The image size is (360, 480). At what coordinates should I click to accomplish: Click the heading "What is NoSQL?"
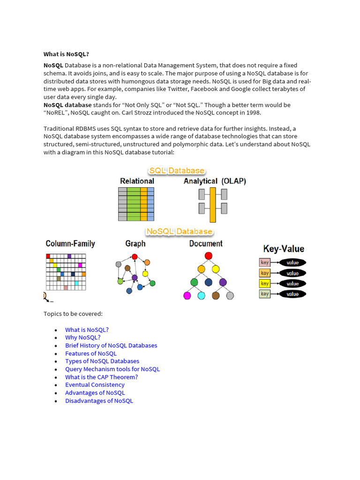(66, 54)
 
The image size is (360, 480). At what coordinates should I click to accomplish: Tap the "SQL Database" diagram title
(177, 171)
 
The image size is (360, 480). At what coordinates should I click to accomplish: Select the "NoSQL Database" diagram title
(179, 232)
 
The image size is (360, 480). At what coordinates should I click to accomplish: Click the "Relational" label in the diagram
(137, 181)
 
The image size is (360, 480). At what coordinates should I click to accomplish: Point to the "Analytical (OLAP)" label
(215, 181)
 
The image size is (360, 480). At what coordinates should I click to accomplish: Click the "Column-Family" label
(70, 244)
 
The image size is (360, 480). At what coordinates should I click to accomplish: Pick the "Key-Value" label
(284, 249)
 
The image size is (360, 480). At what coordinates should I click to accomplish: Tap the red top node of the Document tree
(209, 255)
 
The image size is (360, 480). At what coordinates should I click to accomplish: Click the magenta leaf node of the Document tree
(187, 295)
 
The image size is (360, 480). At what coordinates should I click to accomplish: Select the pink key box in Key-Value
(265, 262)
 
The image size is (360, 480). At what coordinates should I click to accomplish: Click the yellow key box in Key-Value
(265, 284)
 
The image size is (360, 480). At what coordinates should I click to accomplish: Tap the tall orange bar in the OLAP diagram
(212, 204)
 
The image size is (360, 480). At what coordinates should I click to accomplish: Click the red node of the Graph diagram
(135, 257)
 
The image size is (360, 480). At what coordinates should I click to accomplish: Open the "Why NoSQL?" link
(82, 337)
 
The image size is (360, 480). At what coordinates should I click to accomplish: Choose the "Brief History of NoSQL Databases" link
(111, 345)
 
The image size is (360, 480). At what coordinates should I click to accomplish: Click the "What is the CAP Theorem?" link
(101, 377)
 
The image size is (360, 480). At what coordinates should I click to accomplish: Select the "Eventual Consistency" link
(95, 385)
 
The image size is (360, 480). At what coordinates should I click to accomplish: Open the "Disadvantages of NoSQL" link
(99, 401)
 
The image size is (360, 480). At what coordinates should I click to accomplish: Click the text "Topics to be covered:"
(73, 314)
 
